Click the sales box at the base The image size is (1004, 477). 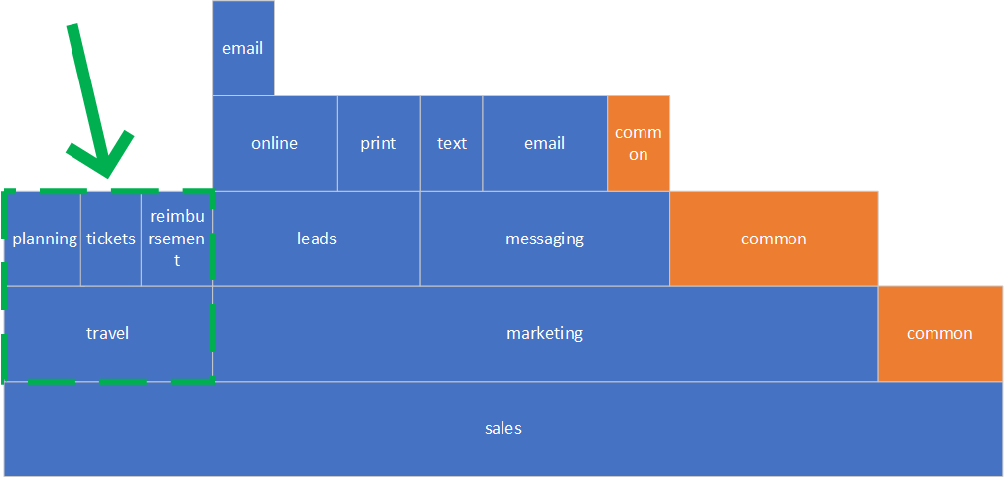[x=503, y=429]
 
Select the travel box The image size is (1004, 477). [x=107, y=333]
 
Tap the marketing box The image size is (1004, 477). [x=545, y=333]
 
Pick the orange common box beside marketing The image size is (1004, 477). [x=940, y=333]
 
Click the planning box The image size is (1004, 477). [x=43, y=238]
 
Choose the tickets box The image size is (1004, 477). [x=111, y=238]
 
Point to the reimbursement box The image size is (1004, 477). [x=177, y=238]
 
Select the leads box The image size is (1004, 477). [x=317, y=238]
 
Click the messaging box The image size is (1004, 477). [x=545, y=238]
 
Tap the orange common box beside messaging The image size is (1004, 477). [x=775, y=238]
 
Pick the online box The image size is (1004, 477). [x=275, y=143]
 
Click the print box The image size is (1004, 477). [x=378, y=143]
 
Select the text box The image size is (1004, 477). [x=452, y=143]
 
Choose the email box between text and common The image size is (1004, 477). [x=545, y=143]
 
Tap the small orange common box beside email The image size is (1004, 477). [x=639, y=143]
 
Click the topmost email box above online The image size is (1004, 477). [x=243, y=48]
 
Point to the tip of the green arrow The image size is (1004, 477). [x=106, y=176]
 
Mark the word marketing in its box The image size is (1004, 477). [x=545, y=333]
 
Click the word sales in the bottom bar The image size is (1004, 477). [x=503, y=429]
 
